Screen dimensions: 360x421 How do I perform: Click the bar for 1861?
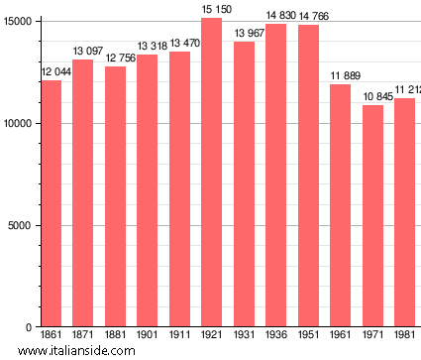(51, 203)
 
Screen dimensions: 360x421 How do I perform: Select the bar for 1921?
(211, 173)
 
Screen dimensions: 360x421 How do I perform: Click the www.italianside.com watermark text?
(76, 351)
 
